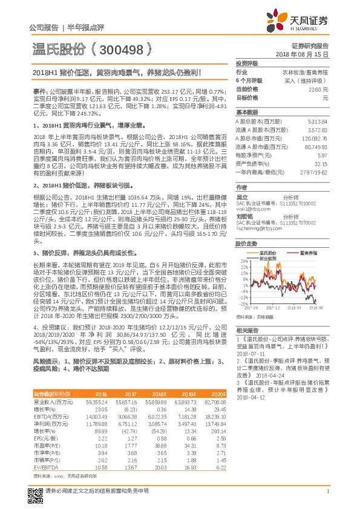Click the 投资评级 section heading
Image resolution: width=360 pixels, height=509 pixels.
[x=247, y=63]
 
